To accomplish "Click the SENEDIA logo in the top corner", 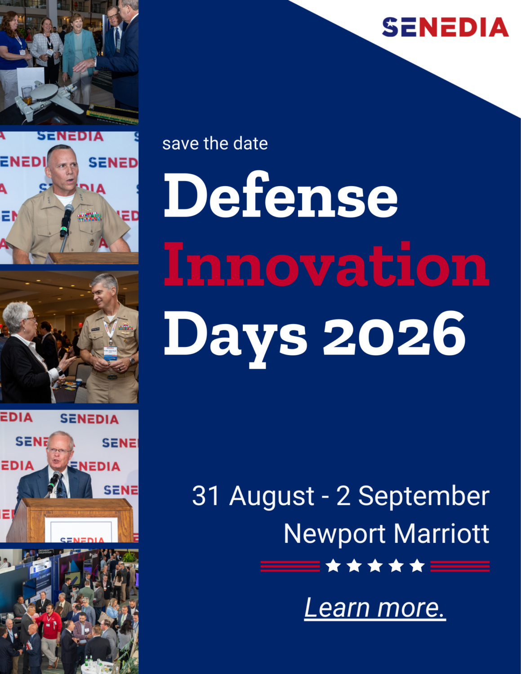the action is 445,27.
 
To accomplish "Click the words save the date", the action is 215,144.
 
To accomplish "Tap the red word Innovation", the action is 327,264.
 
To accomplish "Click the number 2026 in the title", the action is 394,334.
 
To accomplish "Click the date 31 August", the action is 253,496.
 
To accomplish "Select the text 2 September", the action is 413,496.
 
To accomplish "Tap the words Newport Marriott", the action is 387,534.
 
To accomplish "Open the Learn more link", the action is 375,607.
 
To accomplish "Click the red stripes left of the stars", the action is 290,566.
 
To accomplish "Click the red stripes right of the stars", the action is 460,566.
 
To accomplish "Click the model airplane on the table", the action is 49,99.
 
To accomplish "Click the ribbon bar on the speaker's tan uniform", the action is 89,216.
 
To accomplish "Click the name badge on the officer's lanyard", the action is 111,353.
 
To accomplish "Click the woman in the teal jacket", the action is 79,58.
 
